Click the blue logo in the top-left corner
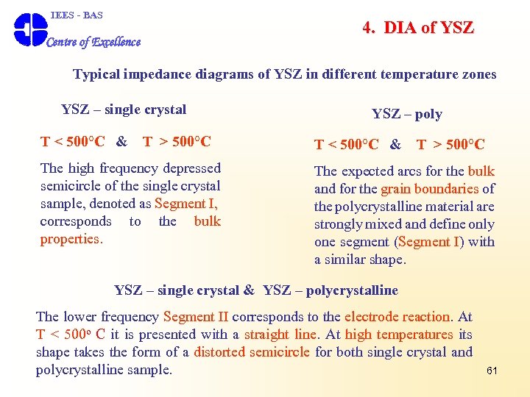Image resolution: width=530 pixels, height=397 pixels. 30,29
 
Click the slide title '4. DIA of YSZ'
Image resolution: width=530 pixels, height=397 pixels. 417,28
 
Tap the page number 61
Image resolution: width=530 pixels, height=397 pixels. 492,371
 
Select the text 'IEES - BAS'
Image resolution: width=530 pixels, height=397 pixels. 77,15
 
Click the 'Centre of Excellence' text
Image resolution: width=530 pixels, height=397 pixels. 93,42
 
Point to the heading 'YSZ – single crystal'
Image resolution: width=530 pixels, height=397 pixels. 124,110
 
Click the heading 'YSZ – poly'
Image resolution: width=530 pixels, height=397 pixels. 407,113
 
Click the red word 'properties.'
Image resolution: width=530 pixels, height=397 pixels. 71,239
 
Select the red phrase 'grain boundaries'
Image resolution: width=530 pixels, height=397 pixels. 431,189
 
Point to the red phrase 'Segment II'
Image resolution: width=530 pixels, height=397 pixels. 195,317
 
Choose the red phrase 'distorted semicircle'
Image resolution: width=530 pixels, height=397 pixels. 252,352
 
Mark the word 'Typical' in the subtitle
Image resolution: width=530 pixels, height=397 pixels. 96,74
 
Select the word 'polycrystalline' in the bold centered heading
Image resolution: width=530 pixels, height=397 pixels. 352,290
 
